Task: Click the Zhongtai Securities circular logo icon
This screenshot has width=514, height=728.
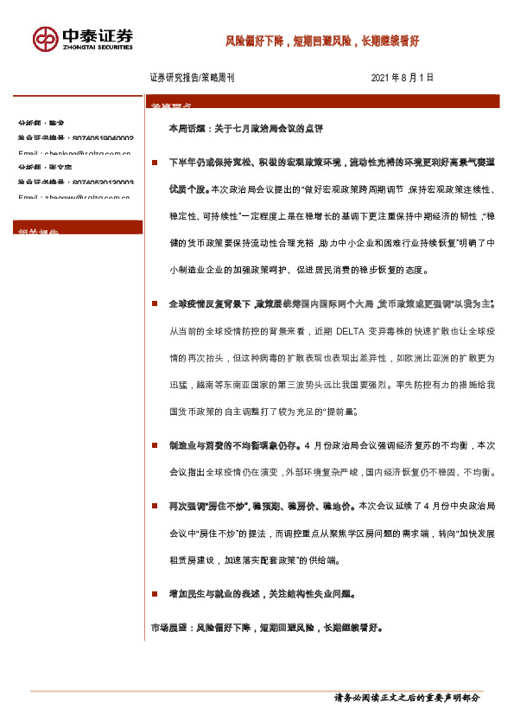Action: tap(46, 38)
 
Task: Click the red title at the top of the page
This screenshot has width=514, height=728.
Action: tap(322, 40)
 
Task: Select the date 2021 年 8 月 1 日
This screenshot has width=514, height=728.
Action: tap(402, 78)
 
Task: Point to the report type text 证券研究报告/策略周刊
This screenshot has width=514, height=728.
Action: tap(192, 78)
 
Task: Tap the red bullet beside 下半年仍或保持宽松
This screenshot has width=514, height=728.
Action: tap(154, 162)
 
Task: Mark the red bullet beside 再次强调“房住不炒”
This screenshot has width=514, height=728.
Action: tap(154, 504)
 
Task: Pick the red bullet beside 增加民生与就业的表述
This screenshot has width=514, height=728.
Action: tap(154, 595)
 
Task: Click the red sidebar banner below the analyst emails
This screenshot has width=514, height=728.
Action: tap(79, 228)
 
